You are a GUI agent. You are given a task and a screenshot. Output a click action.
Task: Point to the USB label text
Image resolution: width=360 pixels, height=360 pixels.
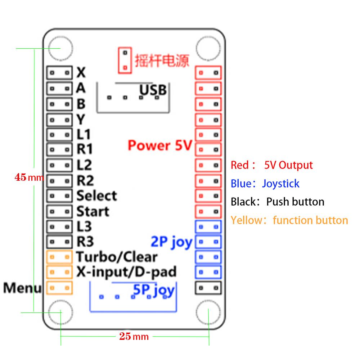153,90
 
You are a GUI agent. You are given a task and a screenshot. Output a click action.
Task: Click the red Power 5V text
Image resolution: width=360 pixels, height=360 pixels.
159,145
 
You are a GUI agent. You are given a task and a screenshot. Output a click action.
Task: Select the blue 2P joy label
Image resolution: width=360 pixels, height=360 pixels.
171,242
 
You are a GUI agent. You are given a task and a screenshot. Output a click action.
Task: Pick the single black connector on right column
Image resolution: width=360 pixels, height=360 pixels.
208,288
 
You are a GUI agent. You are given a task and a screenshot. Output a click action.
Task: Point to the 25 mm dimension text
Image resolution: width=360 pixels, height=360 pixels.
134,337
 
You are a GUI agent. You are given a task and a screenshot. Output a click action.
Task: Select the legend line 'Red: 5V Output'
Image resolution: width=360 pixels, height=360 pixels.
272,165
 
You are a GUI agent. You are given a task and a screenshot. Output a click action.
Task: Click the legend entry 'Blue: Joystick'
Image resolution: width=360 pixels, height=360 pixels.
265,184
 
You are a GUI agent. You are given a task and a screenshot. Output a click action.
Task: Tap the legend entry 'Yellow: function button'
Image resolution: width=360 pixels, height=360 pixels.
289,220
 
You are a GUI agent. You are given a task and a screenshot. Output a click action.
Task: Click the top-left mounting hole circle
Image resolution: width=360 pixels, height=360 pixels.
60,49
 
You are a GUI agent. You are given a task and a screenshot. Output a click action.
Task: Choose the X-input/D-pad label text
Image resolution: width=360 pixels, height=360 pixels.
126,272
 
